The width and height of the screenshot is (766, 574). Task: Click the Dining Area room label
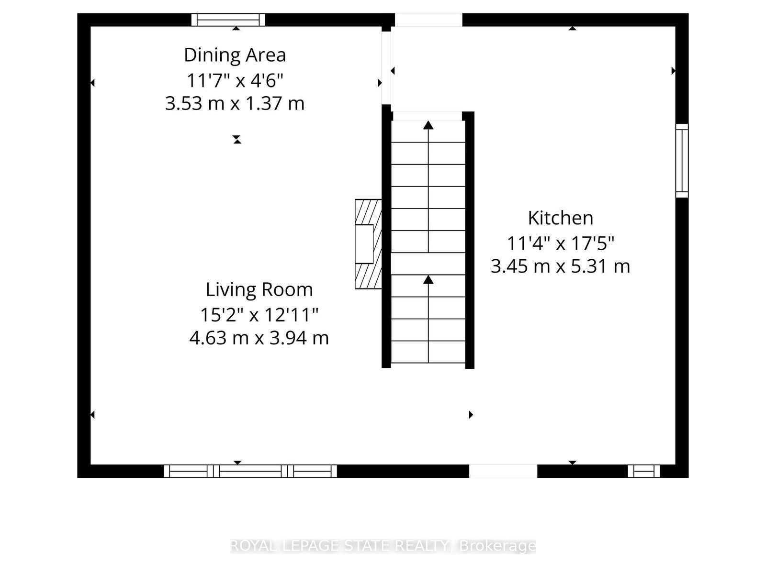pyautogui.click(x=235, y=55)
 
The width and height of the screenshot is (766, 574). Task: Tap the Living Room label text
pyautogui.click(x=259, y=289)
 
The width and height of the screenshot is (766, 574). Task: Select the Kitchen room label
pyautogui.click(x=561, y=218)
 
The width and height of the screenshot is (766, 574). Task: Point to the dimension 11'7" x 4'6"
pyautogui.click(x=235, y=80)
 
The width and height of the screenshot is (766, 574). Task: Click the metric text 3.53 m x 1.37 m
pyautogui.click(x=235, y=103)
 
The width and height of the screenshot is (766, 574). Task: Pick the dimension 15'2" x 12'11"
pyautogui.click(x=259, y=315)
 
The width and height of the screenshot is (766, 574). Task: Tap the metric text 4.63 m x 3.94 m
pyautogui.click(x=259, y=338)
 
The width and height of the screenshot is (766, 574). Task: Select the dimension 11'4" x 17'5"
pyautogui.click(x=561, y=243)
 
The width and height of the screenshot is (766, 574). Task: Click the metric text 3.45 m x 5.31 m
pyautogui.click(x=561, y=266)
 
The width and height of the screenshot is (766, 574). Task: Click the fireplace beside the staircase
pyautogui.click(x=368, y=244)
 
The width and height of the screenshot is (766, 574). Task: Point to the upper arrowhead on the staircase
pyautogui.click(x=428, y=125)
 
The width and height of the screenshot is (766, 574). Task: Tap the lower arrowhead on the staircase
pyautogui.click(x=428, y=279)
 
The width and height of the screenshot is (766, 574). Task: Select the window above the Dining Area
pyautogui.click(x=228, y=20)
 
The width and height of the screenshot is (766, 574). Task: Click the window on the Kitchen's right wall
pyautogui.click(x=682, y=161)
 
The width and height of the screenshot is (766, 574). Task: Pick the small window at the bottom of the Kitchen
pyautogui.click(x=644, y=471)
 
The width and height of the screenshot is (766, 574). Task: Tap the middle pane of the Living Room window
pyautogui.click(x=250, y=471)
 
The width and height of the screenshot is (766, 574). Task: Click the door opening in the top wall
pyautogui.click(x=428, y=20)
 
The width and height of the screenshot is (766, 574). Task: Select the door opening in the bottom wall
pyautogui.click(x=503, y=471)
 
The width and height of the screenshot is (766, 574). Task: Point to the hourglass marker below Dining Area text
pyautogui.click(x=237, y=139)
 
